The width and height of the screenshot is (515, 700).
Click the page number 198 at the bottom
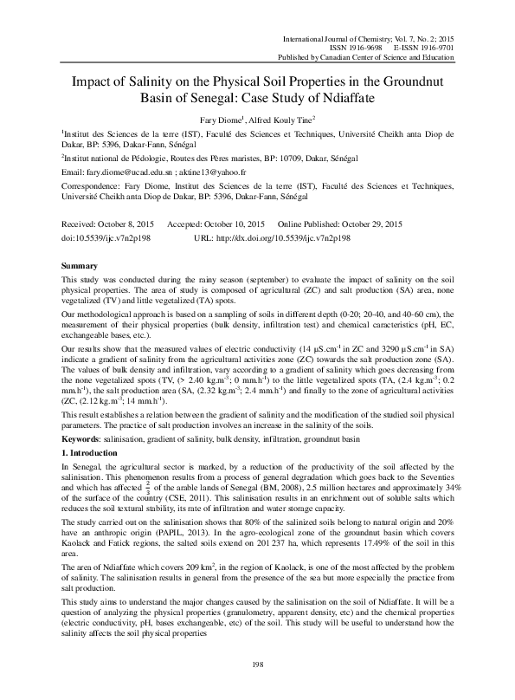tap(257, 664)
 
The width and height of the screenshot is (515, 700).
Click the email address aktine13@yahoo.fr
tap(214, 172)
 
